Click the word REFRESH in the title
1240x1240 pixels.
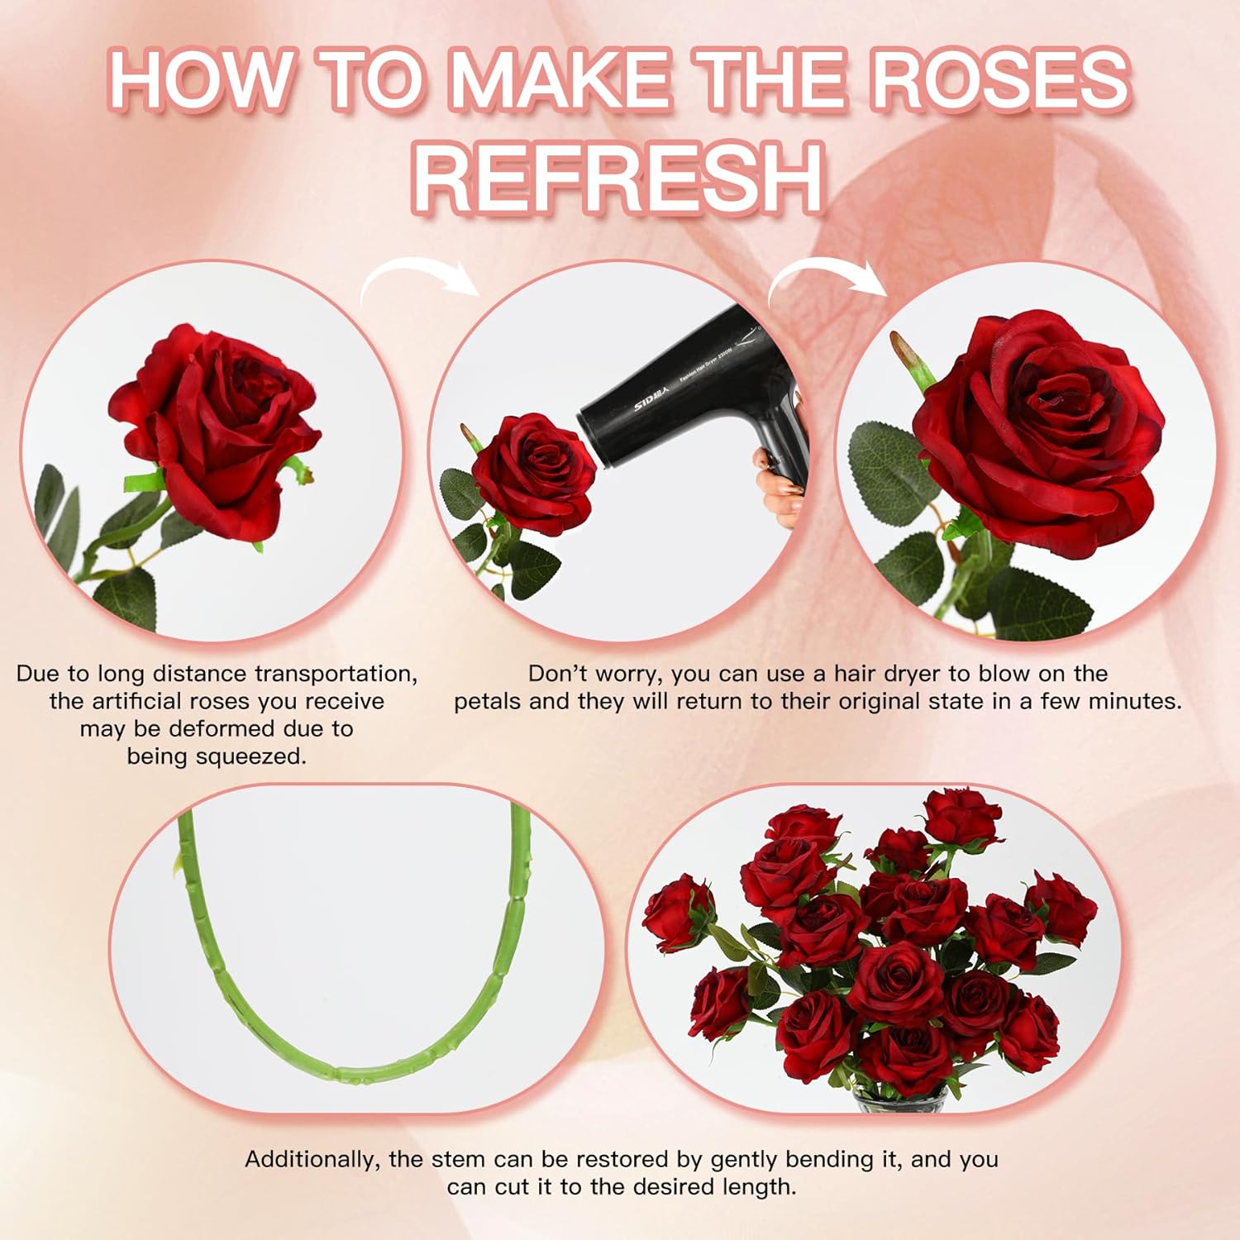point(619,179)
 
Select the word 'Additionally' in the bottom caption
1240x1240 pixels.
point(310,1159)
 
